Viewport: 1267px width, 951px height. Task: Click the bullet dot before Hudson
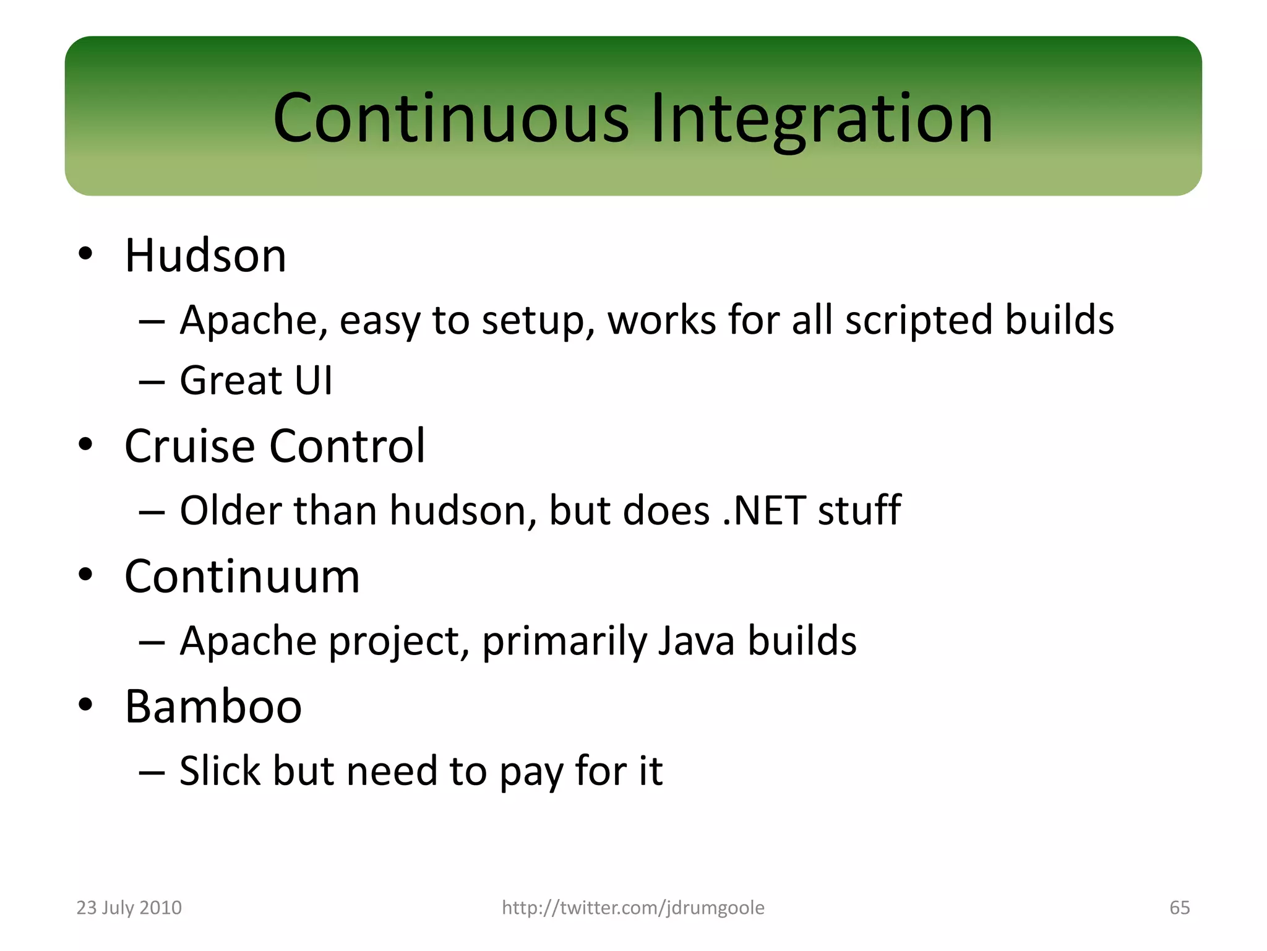[85, 254]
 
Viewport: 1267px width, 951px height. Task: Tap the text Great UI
[256, 380]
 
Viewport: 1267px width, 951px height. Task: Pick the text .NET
[764, 511]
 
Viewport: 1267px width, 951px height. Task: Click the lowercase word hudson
[463, 511]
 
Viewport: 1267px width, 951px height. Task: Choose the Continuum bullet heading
[242, 576]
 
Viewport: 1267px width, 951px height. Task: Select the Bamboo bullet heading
[213, 706]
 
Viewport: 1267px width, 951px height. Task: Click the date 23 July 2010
[129, 908]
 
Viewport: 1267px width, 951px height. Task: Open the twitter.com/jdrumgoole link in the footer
[633, 908]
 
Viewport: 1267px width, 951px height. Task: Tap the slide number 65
[1179, 908]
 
